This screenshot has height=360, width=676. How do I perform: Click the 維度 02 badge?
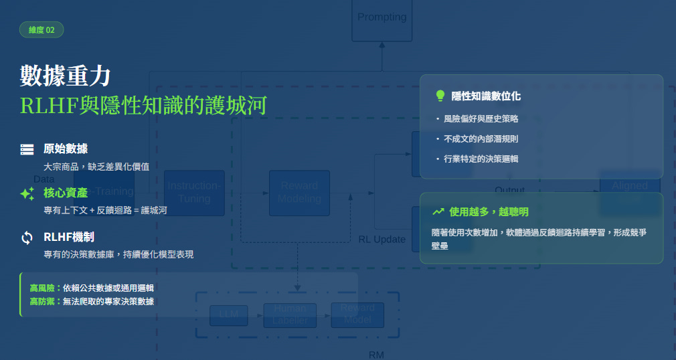coord(41,30)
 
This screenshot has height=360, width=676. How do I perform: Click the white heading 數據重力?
coord(65,76)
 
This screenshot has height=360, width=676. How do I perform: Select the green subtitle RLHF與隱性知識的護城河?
coord(143,105)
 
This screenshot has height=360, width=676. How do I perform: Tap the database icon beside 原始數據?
coord(27,149)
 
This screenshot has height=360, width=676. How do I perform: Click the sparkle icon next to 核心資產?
coord(27,193)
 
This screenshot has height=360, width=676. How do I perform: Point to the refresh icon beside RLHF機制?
coord(27,238)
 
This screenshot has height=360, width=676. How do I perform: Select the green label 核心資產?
coord(66,193)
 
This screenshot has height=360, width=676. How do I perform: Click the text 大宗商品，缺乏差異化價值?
coord(96,166)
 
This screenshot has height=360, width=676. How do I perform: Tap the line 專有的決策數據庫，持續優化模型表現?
coord(118,254)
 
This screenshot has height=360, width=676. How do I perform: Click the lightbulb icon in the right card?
coord(440,96)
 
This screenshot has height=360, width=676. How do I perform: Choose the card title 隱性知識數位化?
coord(486,96)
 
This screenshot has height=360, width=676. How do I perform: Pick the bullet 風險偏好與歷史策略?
coord(481,118)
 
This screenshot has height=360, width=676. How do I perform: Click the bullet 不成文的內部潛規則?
coord(481,139)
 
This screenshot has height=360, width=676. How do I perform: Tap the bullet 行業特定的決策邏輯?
coord(481,159)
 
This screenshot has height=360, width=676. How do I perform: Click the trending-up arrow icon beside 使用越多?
coord(438,211)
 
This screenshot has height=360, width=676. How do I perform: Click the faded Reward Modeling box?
coord(299,193)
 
